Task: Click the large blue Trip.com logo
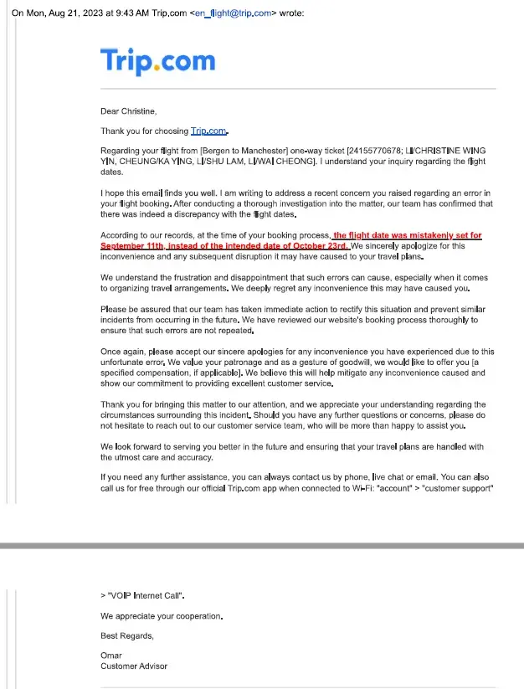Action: click(x=157, y=61)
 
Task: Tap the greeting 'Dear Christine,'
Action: click(x=129, y=111)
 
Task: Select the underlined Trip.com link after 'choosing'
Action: click(x=209, y=131)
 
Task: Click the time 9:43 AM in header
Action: click(x=131, y=13)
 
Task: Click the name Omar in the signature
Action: click(x=110, y=656)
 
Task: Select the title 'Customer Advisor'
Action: click(x=134, y=666)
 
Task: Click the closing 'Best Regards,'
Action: click(x=127, y=635)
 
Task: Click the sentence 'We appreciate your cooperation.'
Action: click(x=162, y=615)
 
